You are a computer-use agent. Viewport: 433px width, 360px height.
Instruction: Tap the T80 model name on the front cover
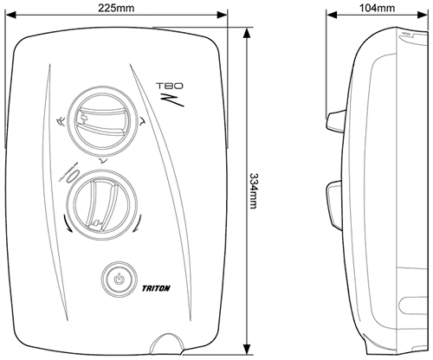pyautogui.click(x=165, y=87)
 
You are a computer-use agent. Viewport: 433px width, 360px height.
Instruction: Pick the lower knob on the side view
pyautogui.click(x=334, y=199)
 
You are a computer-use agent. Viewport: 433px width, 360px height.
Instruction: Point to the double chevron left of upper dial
pyautogui.click(x=58, y=122)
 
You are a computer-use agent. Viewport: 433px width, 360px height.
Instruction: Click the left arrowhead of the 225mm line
pyautogui.click(x=19, y=15)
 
